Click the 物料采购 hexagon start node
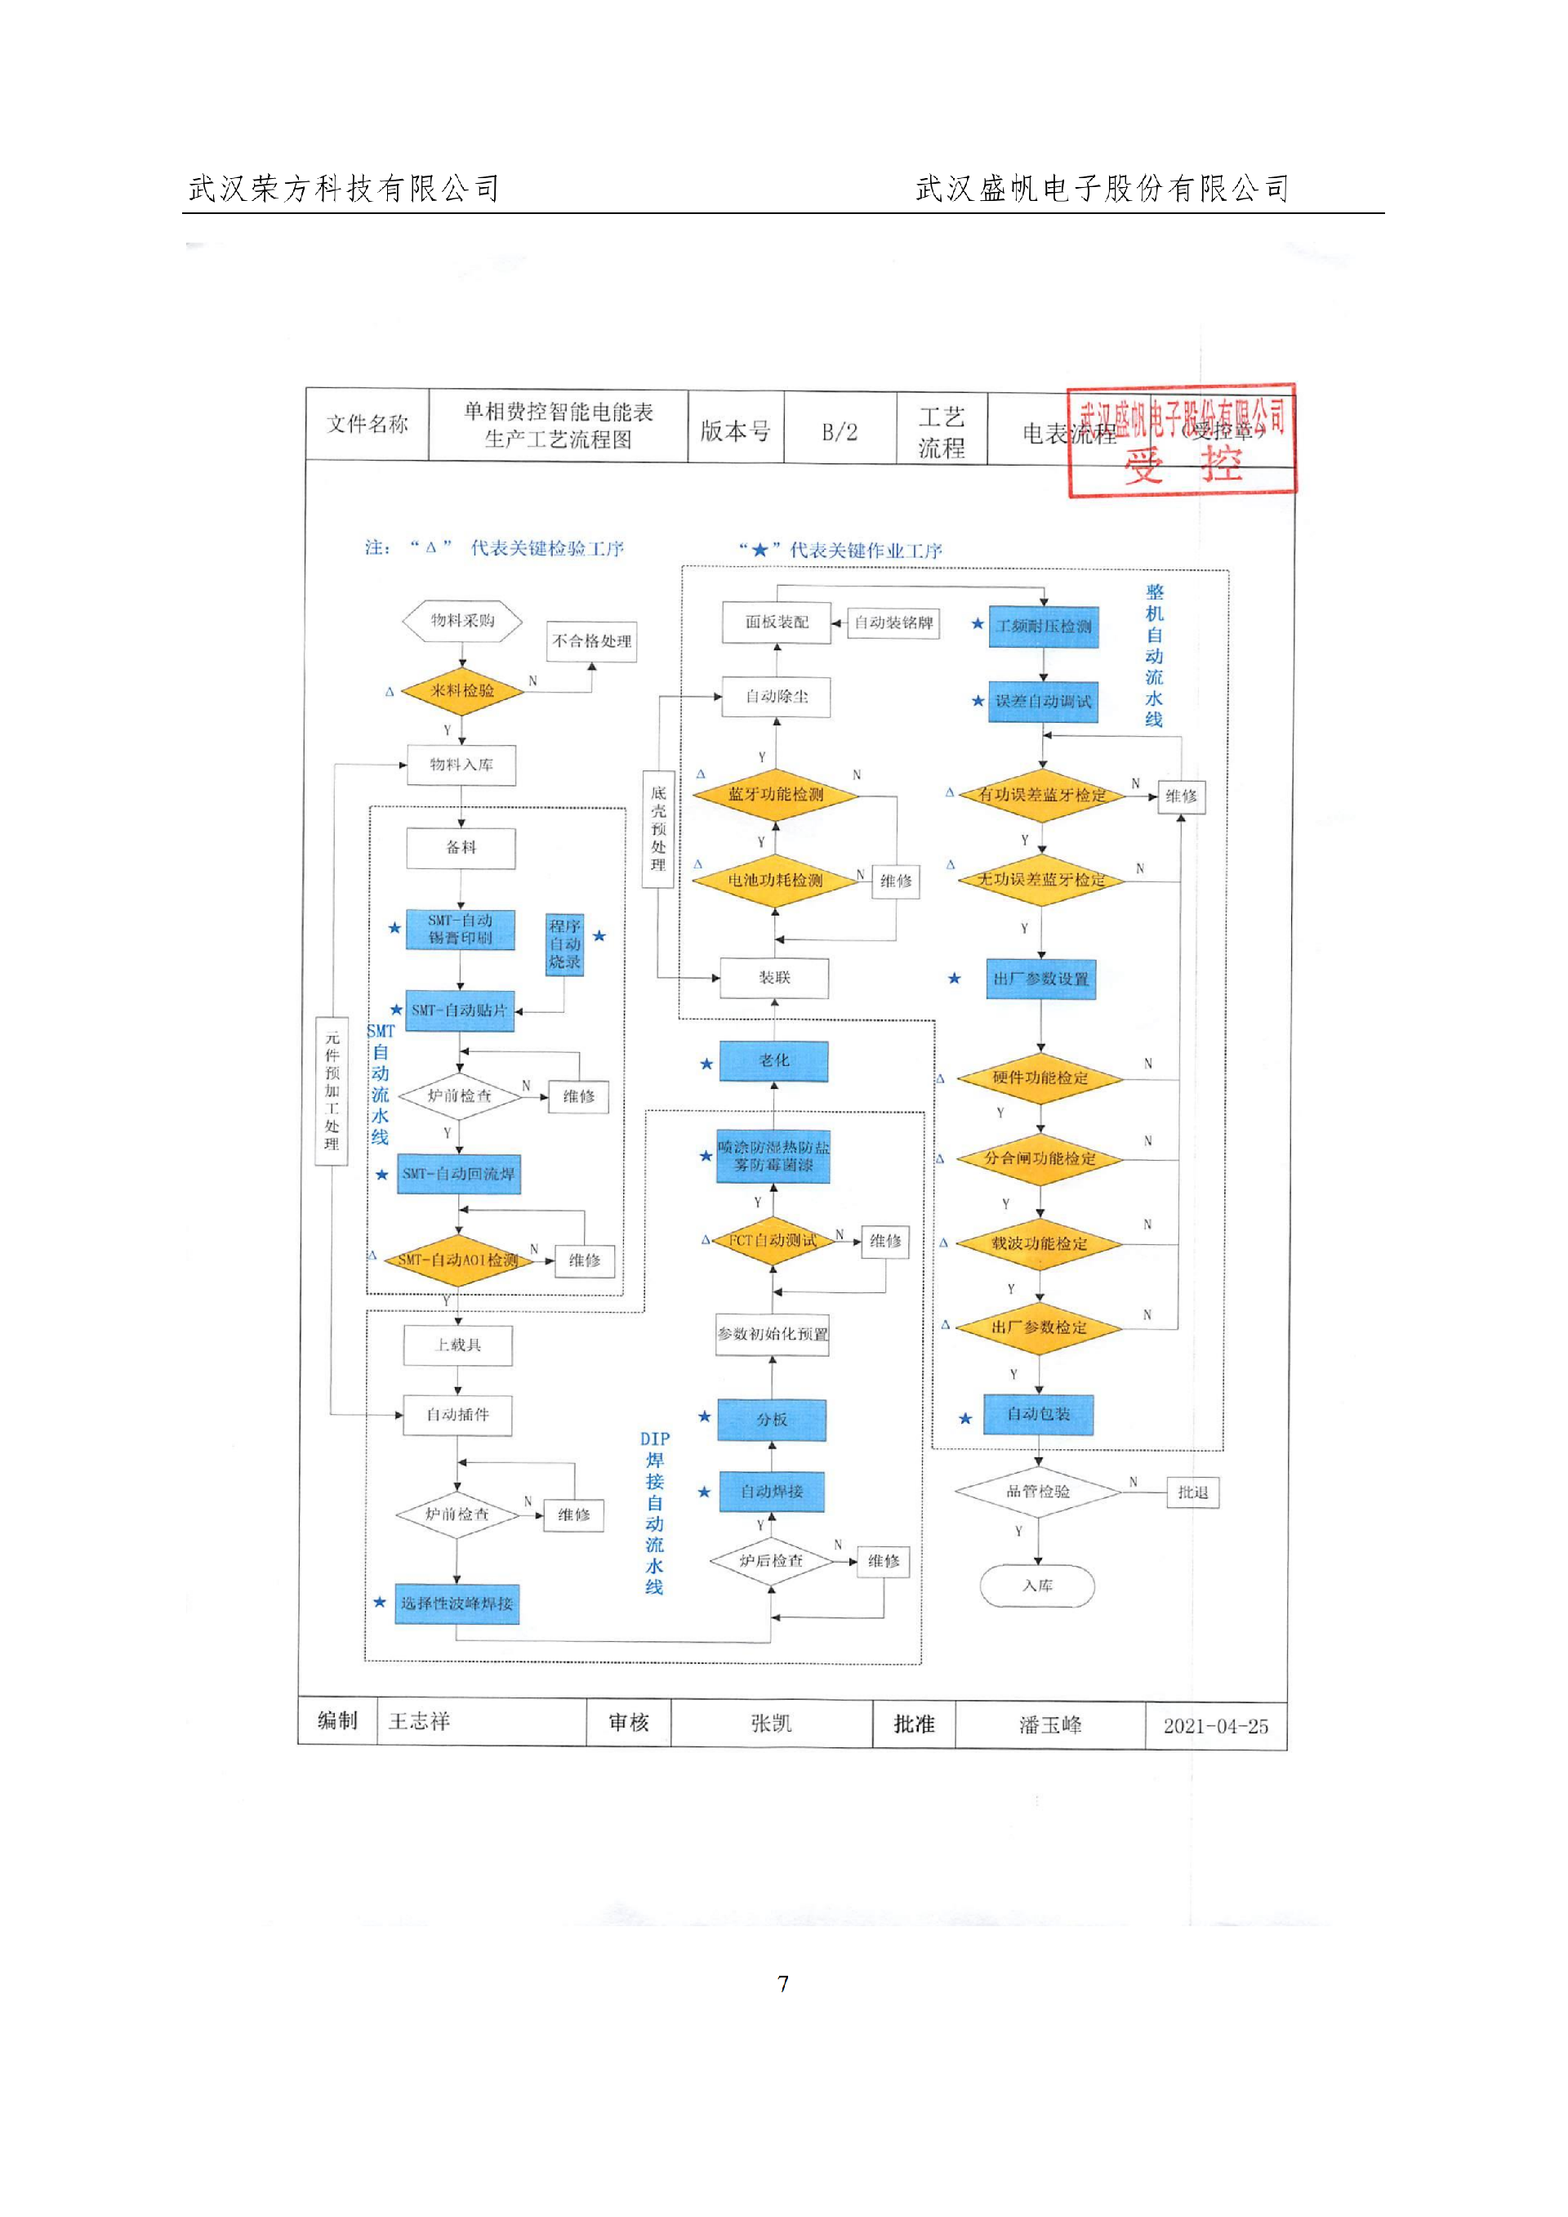(461, 621)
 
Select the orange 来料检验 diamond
(461, 690)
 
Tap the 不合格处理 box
(591, 641)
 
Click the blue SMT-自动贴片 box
(459, 1010)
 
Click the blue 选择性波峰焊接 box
(457, 1603)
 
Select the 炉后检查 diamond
(770, 1559)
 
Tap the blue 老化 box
(773, 1060)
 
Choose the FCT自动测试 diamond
(773, 1240)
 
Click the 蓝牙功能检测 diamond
(775, 794)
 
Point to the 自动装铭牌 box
(893, 622)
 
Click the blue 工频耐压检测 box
(1043, 626)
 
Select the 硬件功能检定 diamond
(1039, 1077)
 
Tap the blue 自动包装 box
(1038, 1414)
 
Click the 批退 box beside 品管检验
(1192, 1492)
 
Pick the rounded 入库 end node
(1037, 1586)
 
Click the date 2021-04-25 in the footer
(1214, 1727)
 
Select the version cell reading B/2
(839, 431)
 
